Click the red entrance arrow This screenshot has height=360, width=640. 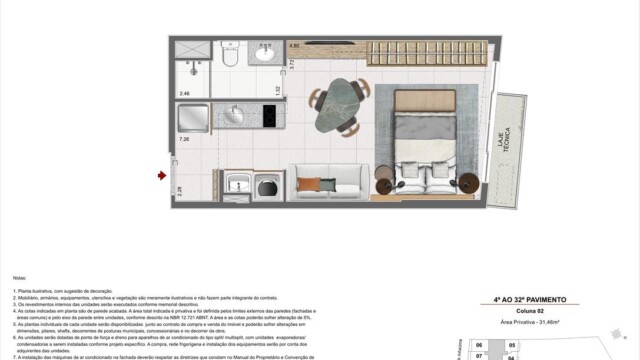161,176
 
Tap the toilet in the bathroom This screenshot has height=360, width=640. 229,58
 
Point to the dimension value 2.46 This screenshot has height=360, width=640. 184,93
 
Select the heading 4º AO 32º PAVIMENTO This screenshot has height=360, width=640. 530,300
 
